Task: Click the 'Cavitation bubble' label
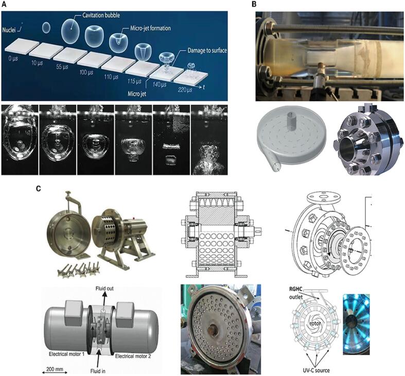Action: click(x=101, y=15)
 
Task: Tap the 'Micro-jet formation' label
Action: click(x=150, y=28)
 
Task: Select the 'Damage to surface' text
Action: click(x=207, y=50)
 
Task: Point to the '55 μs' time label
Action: click(x=62, y=67)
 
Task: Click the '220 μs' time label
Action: click(x=185, y=90)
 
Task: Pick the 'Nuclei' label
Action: click(x=9, y=30)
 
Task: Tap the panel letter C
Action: click(x=38, y=189)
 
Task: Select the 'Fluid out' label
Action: click(x=104, y=288)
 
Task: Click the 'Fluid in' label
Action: click(x=98, y=371)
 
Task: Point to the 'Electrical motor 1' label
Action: click(x=66, y=354)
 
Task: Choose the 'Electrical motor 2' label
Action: click(x=133, y=356)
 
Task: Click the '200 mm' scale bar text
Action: click(x=55, y=369)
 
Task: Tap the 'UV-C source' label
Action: click(x=316, y=370)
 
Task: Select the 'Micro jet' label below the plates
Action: click(x=137, y=94)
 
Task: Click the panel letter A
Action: click(x=5, y=5)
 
